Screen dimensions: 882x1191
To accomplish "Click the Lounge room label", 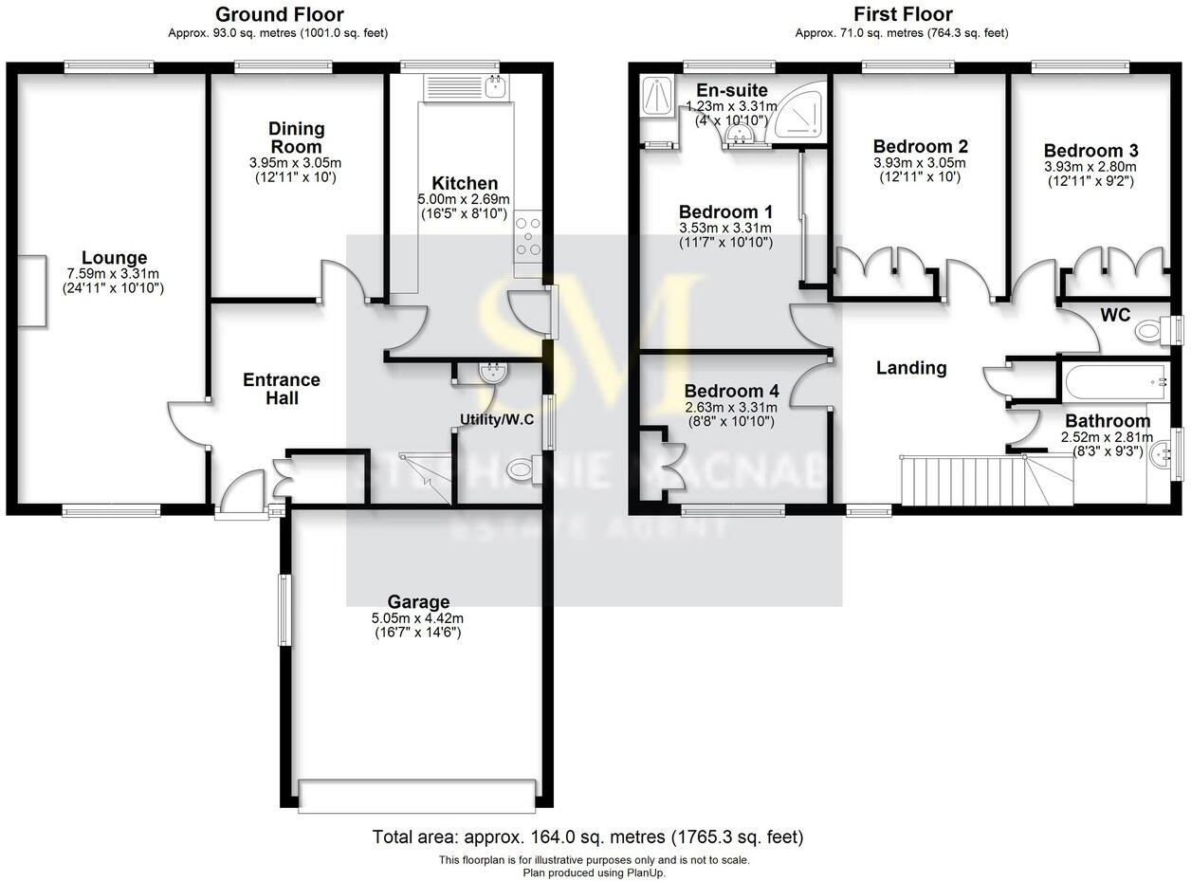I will tap(114, 258).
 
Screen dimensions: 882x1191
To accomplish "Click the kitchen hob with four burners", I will tap(527, 242).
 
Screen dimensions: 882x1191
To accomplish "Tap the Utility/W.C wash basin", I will tap(491, 373).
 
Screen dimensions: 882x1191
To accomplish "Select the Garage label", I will tap(418, 601).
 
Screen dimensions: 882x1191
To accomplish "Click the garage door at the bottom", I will tap(416, 795).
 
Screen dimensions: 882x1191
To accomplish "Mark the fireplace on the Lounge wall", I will tap(32, 291).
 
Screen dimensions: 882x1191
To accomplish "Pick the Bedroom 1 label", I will tap(725, 211).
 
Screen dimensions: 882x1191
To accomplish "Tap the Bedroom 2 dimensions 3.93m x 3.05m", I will tap(918, 162).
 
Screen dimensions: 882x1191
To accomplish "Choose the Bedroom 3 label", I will tap(1090, 151).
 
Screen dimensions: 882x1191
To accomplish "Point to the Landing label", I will tap(910, 368).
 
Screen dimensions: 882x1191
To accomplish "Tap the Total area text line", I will tap(588, 837).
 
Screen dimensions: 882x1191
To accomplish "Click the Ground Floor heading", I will tap(280, 14).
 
